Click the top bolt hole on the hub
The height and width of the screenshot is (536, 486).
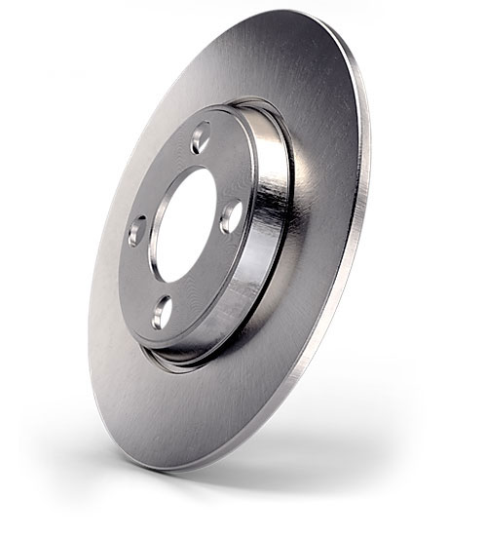pyautogui.click(x=201, y=138)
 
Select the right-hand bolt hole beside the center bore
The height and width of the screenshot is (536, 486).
pyautogui.click(x=231, y=215)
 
